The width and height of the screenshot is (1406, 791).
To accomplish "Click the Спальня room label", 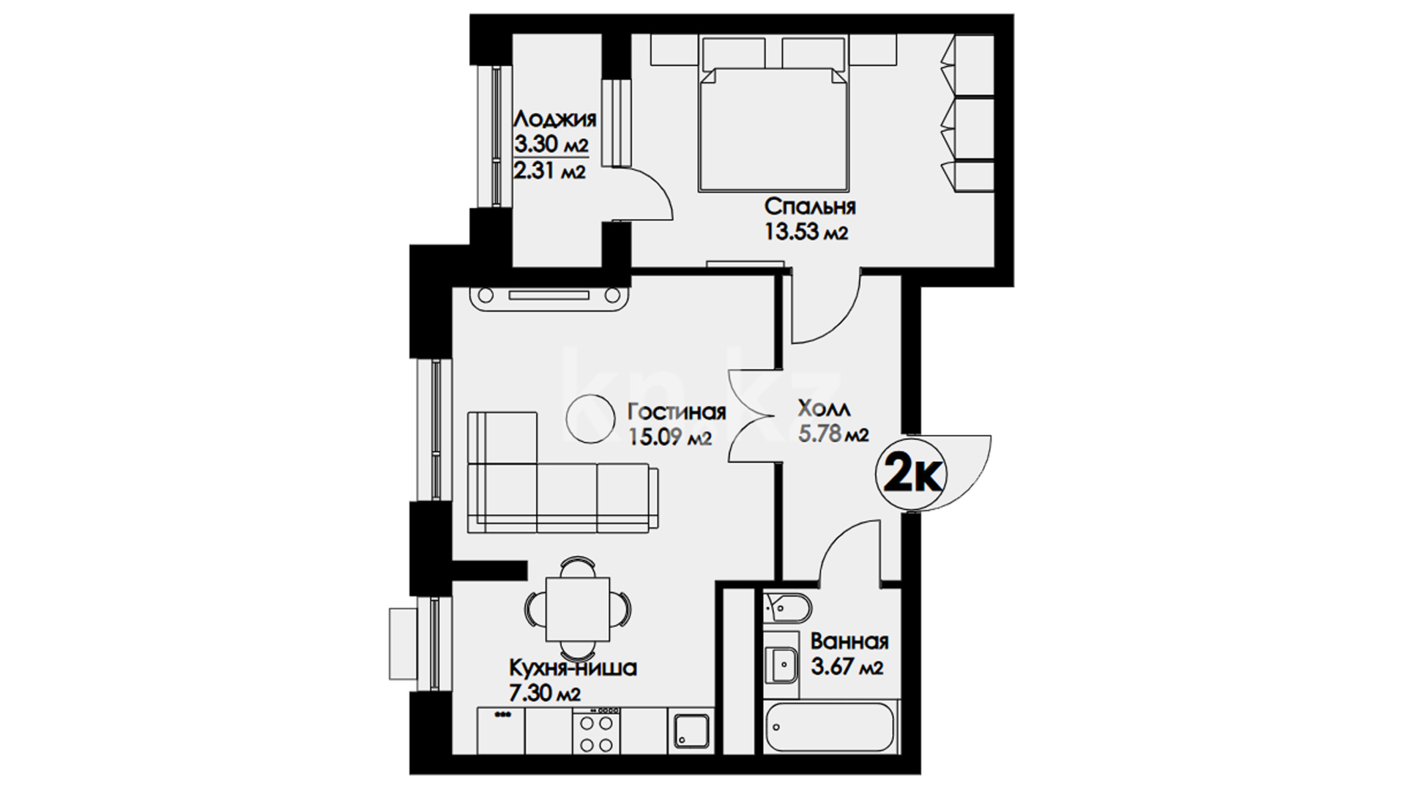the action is (x=811, y=207).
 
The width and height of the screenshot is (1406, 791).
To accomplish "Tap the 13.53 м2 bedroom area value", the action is (x=807, y=233).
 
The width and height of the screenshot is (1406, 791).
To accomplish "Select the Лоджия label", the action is (x=554, y=119).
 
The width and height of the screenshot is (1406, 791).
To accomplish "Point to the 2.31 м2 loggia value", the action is (x=549, y=171).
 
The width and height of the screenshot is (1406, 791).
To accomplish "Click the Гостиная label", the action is (x=677, y=412).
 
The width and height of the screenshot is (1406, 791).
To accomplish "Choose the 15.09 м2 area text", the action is (x=670, y=438).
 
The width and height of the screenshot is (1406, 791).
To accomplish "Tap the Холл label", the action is (x=825, y=408).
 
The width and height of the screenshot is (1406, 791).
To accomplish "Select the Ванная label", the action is (x=849, y=642).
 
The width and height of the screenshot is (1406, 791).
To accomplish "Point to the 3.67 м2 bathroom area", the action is (x=847, y=668).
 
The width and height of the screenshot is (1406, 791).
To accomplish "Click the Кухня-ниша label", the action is (x=573, y=668).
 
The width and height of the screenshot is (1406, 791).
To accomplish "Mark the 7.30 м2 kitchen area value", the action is (x=546, y=694).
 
